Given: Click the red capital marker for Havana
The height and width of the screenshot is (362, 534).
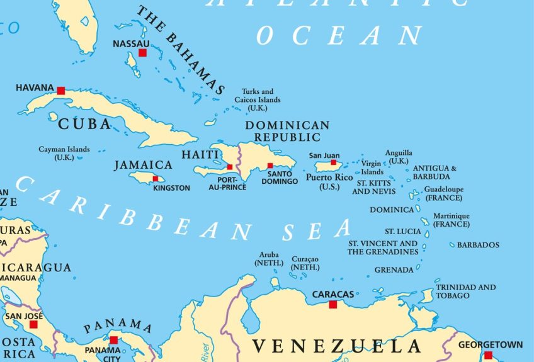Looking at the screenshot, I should pyautogui.click(x=61, y=91).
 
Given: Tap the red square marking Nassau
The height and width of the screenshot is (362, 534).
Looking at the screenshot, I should pyautogui.click(x=143, y=53).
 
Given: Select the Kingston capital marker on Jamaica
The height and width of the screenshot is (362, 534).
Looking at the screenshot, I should pyautogui.click(x=156, y=179).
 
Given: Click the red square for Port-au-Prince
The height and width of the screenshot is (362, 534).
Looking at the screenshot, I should pyautogui.click(x=230, y=167).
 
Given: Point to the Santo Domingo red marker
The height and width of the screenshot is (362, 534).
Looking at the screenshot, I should pyautogui.click(x=270, y=166).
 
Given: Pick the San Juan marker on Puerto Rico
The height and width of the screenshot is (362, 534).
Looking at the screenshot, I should pyautogui.click(x=333, y=162).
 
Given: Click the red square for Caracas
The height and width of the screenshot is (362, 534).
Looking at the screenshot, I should pyautogui.click(x=333, y=305).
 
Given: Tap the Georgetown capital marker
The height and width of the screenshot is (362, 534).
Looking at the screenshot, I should pyautogui.click(x=488, y=355).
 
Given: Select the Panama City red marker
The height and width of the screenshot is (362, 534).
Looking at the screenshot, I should pyautogui.click(x=113, y=340).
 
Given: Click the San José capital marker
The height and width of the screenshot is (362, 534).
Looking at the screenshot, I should pyautogui.click(x=33, y=324).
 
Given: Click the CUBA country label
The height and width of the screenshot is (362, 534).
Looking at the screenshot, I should pyautogui.click(x=84, y=125).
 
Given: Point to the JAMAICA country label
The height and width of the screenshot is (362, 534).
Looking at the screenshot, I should pyautogui.click(x=143, y=165).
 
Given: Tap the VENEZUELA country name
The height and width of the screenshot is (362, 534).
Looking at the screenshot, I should pyautogui.click(x=336, y=346).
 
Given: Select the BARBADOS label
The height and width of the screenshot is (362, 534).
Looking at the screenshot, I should pyautogui.click(x=478, y=245).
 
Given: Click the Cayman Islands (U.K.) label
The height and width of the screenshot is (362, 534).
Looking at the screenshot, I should pyautogui.click(x=64, y=153).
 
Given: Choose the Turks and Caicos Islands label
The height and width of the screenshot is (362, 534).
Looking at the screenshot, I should pyautogui.click(x=258, y=99).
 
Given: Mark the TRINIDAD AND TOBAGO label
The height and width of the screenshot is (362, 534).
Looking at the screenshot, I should pyautogui.click(x=465, y=291).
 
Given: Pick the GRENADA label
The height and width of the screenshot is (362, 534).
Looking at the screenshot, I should pyautogui.click(x=394, y=270).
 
